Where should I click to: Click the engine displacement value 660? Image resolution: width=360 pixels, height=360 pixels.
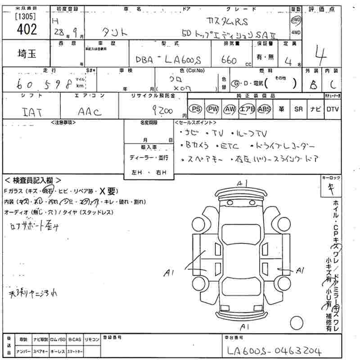coord(231,60)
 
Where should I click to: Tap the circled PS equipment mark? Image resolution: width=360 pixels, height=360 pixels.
coord(195,109)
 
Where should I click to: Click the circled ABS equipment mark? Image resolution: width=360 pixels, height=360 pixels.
coord(265,109)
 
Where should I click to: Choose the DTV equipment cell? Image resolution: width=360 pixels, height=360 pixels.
coord(333,109)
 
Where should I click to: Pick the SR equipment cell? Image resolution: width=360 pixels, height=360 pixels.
coord(298,109)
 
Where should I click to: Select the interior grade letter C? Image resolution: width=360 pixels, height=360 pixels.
coord(333,84)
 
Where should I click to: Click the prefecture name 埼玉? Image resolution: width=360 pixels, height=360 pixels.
coord(26,53)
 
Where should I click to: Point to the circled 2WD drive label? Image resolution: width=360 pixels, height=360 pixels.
coord(296,20)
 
